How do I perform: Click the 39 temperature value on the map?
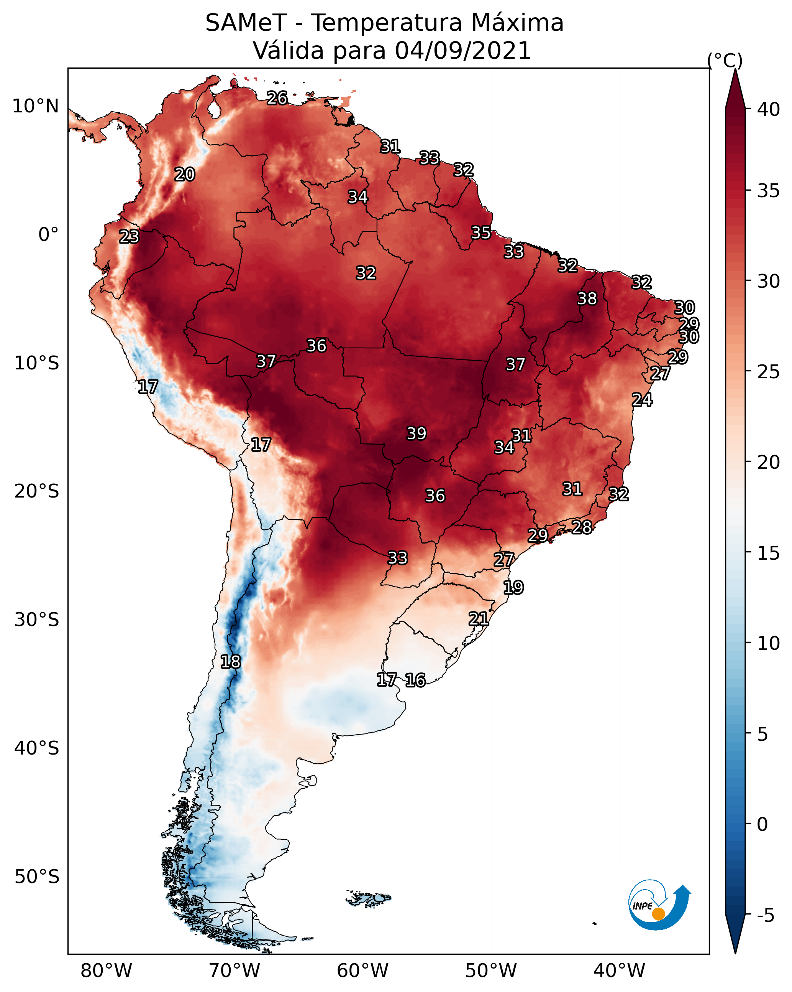(x=416, y=433)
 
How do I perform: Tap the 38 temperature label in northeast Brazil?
(x=587, y=298)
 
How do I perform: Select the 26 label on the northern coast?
(x=277, y=98)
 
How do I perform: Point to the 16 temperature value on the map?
(x=415, y=680)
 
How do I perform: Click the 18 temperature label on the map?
(x=230, y=662)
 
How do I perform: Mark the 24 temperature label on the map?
(x=642, y=400)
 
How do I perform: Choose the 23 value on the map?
(x=129, y=237)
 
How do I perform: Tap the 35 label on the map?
(x=481, y=233)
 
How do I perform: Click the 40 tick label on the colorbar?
(x=769, y=109)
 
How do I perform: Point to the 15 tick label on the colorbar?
(x=769, y=553)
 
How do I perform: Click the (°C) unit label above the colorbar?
(x=725, y=60)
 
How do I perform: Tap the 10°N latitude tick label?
(x=35, y=106)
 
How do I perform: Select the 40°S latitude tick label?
(x=36, y=748)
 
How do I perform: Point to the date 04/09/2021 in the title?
(x=463, y=51)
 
